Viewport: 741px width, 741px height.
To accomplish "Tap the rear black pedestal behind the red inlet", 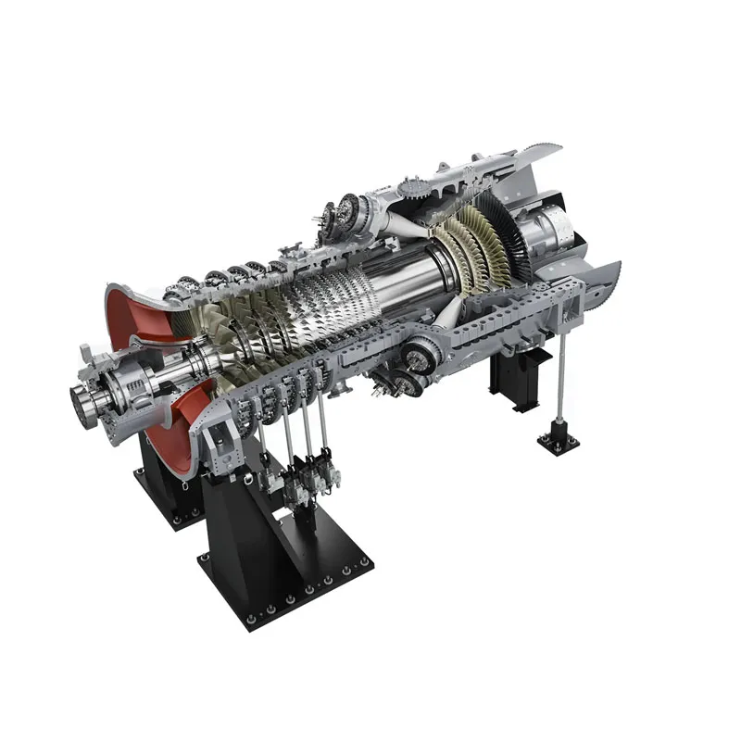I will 167,482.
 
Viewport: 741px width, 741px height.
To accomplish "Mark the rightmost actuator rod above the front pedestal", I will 324,435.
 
